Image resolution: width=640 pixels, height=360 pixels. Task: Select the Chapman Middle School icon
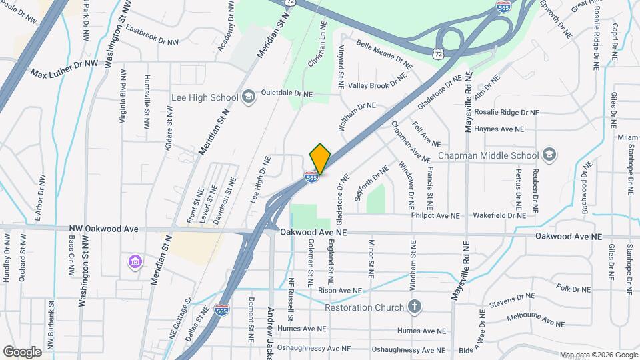click(549, 155)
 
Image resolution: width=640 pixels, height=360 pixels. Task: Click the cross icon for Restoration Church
click(415, 307)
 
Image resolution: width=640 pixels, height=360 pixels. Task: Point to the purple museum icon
click(135, 261)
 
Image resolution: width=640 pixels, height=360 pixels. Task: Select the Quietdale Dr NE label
click(287, 95)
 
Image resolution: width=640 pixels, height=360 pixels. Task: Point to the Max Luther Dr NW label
click(65, 68)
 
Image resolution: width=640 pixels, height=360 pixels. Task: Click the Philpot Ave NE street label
click(436, 215)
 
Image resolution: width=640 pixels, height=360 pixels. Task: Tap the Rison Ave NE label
click(340, 291)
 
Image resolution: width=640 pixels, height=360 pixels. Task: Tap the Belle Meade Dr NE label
click(385, 54)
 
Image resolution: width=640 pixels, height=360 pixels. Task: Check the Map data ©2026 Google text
click(598, 355)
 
